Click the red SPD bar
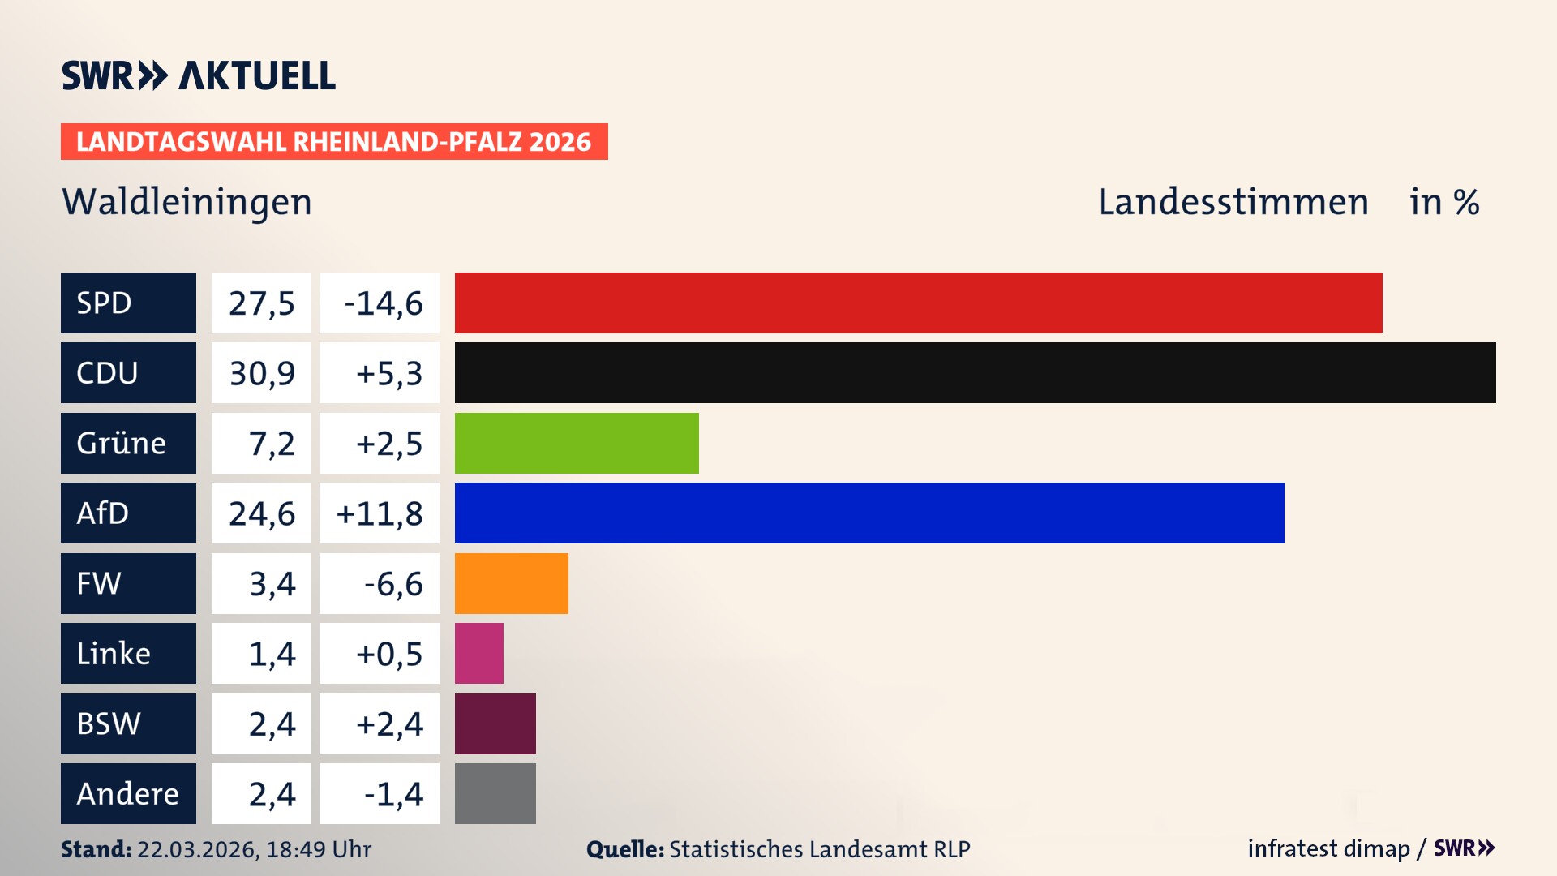point(918,303)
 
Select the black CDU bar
point(975,372)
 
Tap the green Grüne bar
point(577,443)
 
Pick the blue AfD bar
point(869,513)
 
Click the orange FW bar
point(511,583)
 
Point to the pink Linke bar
point(478,653)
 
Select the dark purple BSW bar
point(495,724)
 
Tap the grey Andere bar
point(495,793)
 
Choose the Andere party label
point(128,793)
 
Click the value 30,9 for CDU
point(261,373)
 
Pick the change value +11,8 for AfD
point(380,513)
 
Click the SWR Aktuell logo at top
point(198,75)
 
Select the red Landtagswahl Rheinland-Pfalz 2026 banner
point(334,142)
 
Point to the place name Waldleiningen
point(187,202)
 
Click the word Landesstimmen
point(1233,202)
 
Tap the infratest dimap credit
point(1328,848)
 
